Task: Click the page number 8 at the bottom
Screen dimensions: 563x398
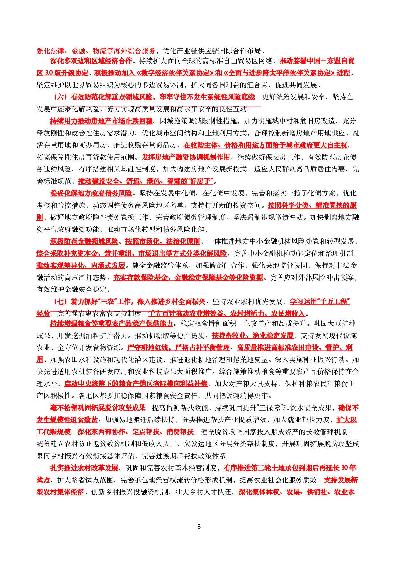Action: pos(199,527)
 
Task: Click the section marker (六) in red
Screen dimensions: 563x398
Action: pos(60,97)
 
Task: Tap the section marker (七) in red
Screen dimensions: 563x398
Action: pos(60,302)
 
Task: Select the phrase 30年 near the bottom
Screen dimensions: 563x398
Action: pos(349,468)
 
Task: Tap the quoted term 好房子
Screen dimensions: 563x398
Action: pos(201,181)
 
